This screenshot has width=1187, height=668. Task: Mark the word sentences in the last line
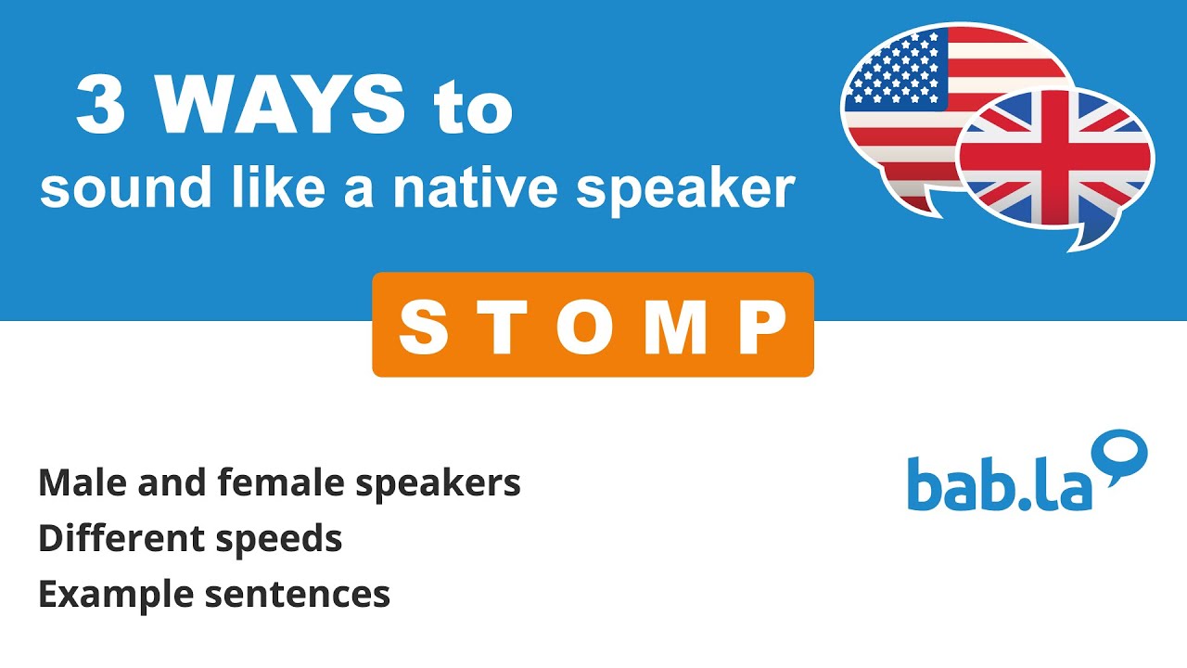(298, 594)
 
